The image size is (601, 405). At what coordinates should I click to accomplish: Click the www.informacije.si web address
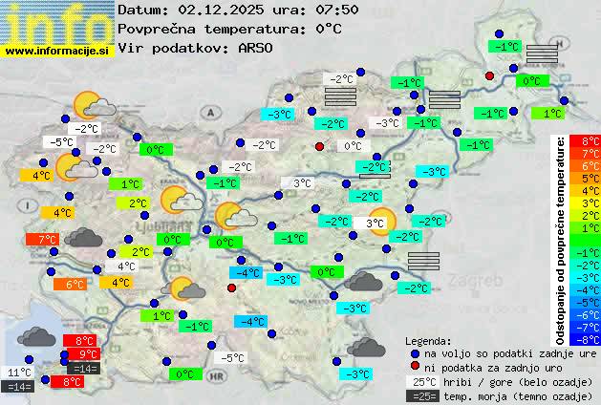(57, 50)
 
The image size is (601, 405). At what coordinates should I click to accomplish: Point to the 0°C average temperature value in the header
(328, 29)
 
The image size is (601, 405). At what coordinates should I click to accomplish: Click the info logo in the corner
(57, 21)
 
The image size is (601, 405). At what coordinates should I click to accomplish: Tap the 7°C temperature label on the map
(48, 239)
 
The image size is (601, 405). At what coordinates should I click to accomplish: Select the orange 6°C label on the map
(75, 285)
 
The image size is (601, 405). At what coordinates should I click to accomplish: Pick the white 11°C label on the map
(19, 373)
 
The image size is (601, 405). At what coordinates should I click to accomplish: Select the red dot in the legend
(414, 368)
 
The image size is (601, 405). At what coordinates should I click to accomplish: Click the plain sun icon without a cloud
(381, 221)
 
